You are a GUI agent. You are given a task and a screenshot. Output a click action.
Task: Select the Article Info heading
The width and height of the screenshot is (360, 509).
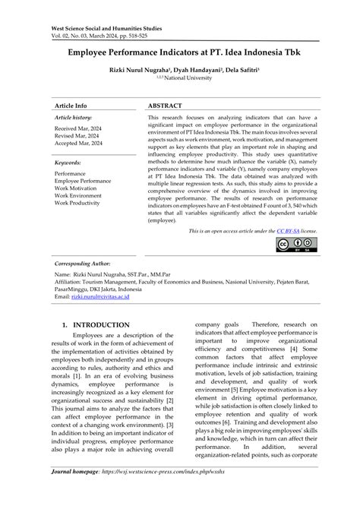(71, 106)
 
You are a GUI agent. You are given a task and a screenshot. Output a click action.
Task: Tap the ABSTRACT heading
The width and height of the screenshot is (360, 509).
(165, 106)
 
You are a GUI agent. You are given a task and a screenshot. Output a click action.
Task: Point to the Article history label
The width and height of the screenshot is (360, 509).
(74, 119)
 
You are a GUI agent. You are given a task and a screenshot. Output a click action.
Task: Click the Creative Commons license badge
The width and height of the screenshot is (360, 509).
(297, 245)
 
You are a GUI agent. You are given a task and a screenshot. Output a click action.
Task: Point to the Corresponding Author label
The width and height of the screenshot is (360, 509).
(81, 260)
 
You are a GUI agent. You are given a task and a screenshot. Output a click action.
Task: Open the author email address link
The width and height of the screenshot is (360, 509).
(104, 296)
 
